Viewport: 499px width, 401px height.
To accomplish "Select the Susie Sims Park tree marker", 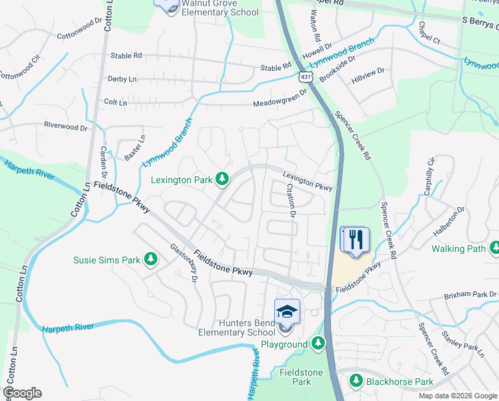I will click(151, 259).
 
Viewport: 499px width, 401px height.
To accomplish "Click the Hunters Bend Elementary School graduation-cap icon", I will click(287, 311).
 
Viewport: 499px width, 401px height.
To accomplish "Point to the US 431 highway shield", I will click(306, 78).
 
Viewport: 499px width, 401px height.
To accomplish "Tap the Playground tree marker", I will click(318, 344).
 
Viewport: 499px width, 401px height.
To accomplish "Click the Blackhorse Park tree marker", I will click(356, 382).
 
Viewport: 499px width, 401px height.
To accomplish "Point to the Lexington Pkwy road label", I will click(307, 182).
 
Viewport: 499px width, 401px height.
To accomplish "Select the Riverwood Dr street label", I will click(65, 126).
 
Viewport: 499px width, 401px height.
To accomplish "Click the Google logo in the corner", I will click(22, 393).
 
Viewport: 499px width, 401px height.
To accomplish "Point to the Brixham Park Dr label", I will click(471, 295).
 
